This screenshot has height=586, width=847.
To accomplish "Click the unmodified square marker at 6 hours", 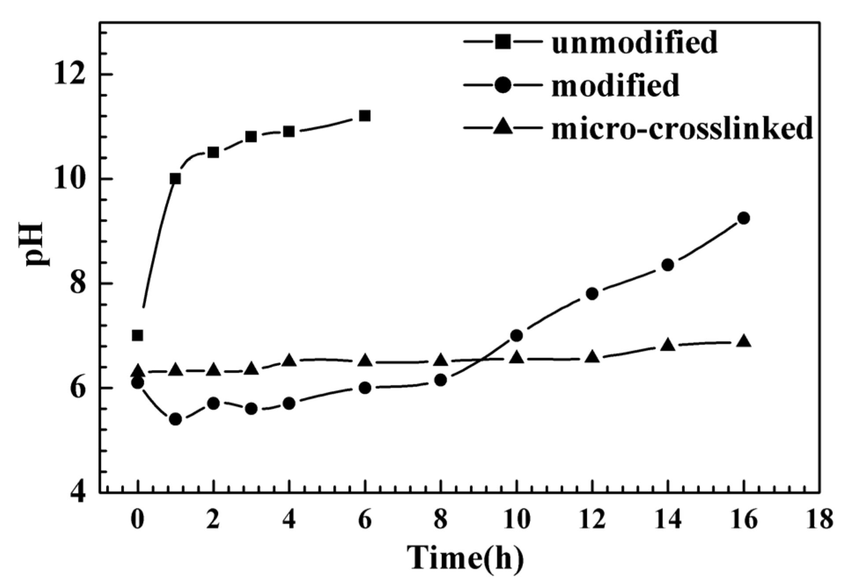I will pos(365,116).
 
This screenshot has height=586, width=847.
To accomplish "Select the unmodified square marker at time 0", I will pos(137,336).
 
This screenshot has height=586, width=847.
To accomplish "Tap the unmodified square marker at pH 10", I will pos(175,179).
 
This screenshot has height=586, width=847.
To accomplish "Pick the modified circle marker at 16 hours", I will pos(744,218).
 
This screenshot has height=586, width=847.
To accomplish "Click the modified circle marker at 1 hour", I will pos(175,419).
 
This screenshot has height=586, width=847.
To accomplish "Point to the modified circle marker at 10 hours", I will pos(516,336).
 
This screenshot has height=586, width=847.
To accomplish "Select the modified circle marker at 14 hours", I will pos(668,265).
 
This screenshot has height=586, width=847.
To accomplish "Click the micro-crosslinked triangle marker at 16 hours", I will pos(744,341).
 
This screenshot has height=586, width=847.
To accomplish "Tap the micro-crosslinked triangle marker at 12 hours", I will pos(592,356).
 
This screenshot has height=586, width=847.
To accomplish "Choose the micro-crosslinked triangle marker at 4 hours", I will pos(289,360).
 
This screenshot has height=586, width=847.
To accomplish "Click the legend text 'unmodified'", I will pos(634,43).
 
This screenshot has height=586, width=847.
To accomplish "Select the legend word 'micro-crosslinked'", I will pos(682,128).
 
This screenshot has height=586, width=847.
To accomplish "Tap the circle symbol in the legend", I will pos(502,85).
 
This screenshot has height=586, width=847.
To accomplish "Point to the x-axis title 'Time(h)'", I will pos(465,558).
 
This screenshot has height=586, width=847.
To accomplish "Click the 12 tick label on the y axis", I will pos(69,75).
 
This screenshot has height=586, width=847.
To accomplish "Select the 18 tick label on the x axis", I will pos(819,519).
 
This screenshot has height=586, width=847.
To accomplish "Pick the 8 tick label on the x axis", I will pos(441,519).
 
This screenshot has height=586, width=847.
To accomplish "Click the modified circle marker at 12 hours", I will pos(592,293).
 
